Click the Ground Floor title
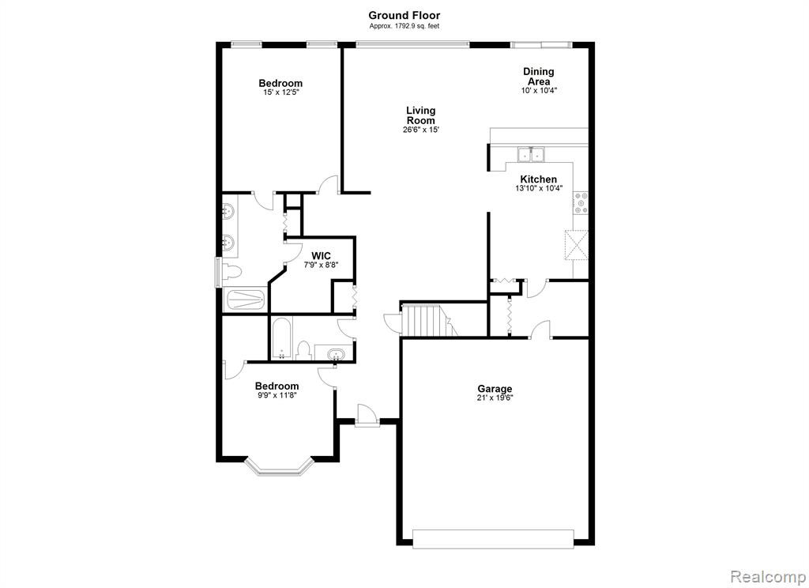404,16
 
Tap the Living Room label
420,115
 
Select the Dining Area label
539,77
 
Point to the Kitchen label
539,179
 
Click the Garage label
495,389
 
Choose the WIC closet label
321,256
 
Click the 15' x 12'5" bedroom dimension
280,92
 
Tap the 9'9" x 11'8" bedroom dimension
277,395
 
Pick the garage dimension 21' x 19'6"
495,398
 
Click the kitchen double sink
531,154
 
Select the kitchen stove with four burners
581,203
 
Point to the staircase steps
424,320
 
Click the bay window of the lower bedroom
279,466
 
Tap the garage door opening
493,538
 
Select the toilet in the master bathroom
231,271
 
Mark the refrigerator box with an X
577,246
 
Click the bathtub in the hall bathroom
281,338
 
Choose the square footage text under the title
404,26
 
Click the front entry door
367,416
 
